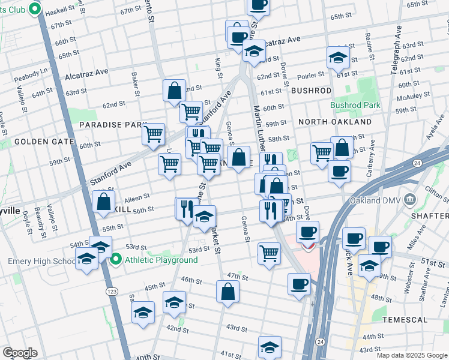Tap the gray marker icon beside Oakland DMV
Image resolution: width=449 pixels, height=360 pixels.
coord(410,199)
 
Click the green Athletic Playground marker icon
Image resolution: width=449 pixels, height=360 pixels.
coord(116,260)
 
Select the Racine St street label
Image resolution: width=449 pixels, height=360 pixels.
coord(368,46)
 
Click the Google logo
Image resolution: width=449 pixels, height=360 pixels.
coord(20,353)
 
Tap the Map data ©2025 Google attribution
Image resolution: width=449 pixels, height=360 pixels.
coord(412,355)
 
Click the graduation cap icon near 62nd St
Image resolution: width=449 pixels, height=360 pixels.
coord(338,58)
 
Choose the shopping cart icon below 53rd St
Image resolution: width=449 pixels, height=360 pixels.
coord(269,253)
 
